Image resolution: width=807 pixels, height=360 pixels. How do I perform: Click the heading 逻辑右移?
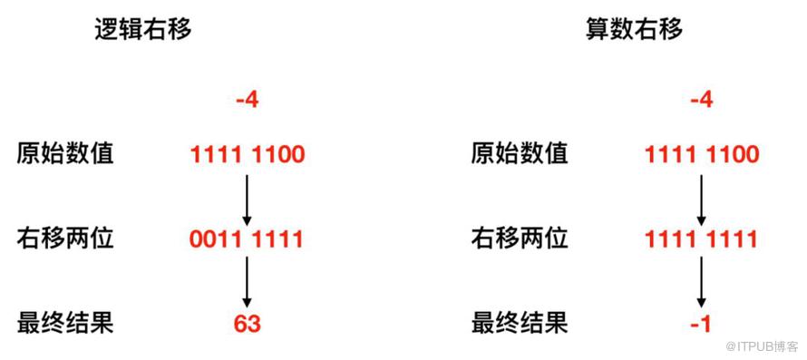[143, 29]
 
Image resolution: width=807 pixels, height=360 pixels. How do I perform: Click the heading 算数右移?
[634, 29]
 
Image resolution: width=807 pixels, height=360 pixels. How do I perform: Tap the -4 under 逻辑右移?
[248, 100]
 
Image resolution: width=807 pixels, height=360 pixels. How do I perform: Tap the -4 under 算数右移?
[702, 100]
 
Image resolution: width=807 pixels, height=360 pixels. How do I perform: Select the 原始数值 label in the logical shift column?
[65, 154]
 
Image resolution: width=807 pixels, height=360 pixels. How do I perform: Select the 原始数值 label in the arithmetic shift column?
[520, 154]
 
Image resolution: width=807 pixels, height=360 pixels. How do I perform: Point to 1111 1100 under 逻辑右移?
[248, 154]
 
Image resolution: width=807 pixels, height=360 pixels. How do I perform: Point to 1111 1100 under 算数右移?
[702, 154]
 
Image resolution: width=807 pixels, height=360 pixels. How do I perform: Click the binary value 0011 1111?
[247, 239]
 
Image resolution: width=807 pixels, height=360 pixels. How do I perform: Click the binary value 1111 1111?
[701, 239]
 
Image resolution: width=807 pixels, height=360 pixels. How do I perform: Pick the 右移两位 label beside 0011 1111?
[65, 239]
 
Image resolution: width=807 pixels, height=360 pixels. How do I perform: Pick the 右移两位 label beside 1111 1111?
[520, 239]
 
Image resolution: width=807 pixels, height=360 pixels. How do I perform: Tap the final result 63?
[247, 325]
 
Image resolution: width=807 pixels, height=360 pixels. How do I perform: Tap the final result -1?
[701, 325]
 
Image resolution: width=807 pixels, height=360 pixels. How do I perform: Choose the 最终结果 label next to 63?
[65, 324]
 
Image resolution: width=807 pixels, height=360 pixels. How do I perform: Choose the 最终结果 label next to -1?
[520, 324]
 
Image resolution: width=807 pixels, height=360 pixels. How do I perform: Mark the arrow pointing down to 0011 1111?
[247, 199]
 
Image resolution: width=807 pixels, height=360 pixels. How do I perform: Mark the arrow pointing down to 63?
[247, 282]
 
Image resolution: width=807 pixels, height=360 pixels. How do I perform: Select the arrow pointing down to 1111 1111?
[701, 199]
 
